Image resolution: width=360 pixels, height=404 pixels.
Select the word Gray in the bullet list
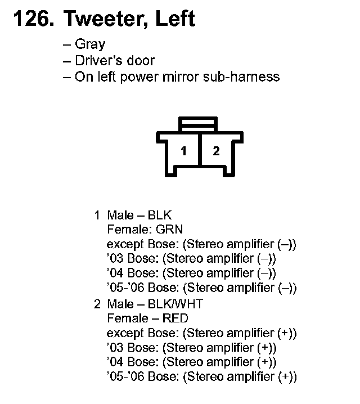90,44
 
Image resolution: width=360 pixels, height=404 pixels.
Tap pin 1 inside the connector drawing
183,151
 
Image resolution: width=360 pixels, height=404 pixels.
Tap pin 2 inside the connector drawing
216,151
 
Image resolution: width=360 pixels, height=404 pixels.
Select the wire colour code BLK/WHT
175,304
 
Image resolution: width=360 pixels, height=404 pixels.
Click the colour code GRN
170,230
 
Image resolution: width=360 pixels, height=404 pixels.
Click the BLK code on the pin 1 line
160,215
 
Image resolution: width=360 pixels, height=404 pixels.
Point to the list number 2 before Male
97,304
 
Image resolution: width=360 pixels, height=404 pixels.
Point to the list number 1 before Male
97,215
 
